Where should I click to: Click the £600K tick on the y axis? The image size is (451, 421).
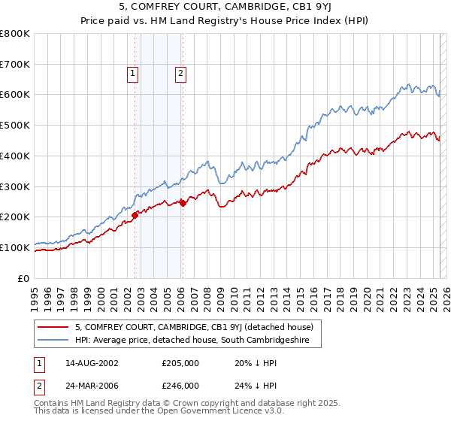pyautogui.click(x=15, y=95)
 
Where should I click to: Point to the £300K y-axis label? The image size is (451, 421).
pyautogui.click(x=15, y=186)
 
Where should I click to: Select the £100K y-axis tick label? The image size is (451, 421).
pyautogui.click(x=15, y=247)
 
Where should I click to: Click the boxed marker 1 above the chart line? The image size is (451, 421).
pyautogui.click(x=133, y=74)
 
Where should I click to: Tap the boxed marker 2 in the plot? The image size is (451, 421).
pyautogui.click(x=182, y=74)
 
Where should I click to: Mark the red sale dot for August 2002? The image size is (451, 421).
pyautogui.click(x=135, y=215)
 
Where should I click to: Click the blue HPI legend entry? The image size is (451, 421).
pyautogui.click(x=197, y=341)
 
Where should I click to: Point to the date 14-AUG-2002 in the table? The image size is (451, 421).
pyautogui.click(x=95, y=363)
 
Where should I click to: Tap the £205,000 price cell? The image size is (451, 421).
pyautogui.click(x=180, y=363)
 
